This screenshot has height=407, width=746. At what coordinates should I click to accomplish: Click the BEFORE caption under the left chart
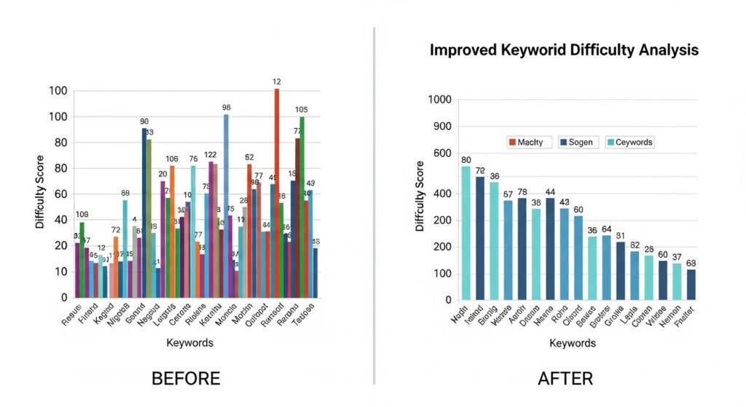pyautogui.click(x=185, y=379)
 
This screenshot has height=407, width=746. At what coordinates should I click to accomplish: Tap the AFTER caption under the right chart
pyautogui.click(x=565, y=379)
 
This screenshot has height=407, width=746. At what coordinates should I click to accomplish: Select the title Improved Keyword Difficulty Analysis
pyautogui.click(x=564, y=50)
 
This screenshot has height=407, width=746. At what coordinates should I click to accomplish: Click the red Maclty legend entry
pyautogui.click(x=525, y=142)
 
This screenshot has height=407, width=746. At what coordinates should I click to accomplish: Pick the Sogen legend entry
pyautogui.click(x=575, y=142)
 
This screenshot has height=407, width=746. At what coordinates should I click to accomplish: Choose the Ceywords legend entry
pyautogui.click(x=628, y=142)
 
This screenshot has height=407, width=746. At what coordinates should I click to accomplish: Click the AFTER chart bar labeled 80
pyautogui.click(x=466, y=233)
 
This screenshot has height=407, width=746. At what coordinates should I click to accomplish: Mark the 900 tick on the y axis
pyautogui.click(x=441, y=127)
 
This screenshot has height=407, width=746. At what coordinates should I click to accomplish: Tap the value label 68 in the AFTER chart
pyautogui.click(x=691, y=263)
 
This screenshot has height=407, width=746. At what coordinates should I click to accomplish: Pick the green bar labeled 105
pyautogui.click(x=302, y=208)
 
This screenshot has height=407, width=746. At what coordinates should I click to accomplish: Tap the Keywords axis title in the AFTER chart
pyautogui.click(x=573, y=343)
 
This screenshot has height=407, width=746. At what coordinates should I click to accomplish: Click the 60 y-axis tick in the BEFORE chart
pyautogui.click(x=58, y=194)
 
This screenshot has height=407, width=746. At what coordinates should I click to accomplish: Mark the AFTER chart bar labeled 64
pyautogui.click(x=607, y=267)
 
